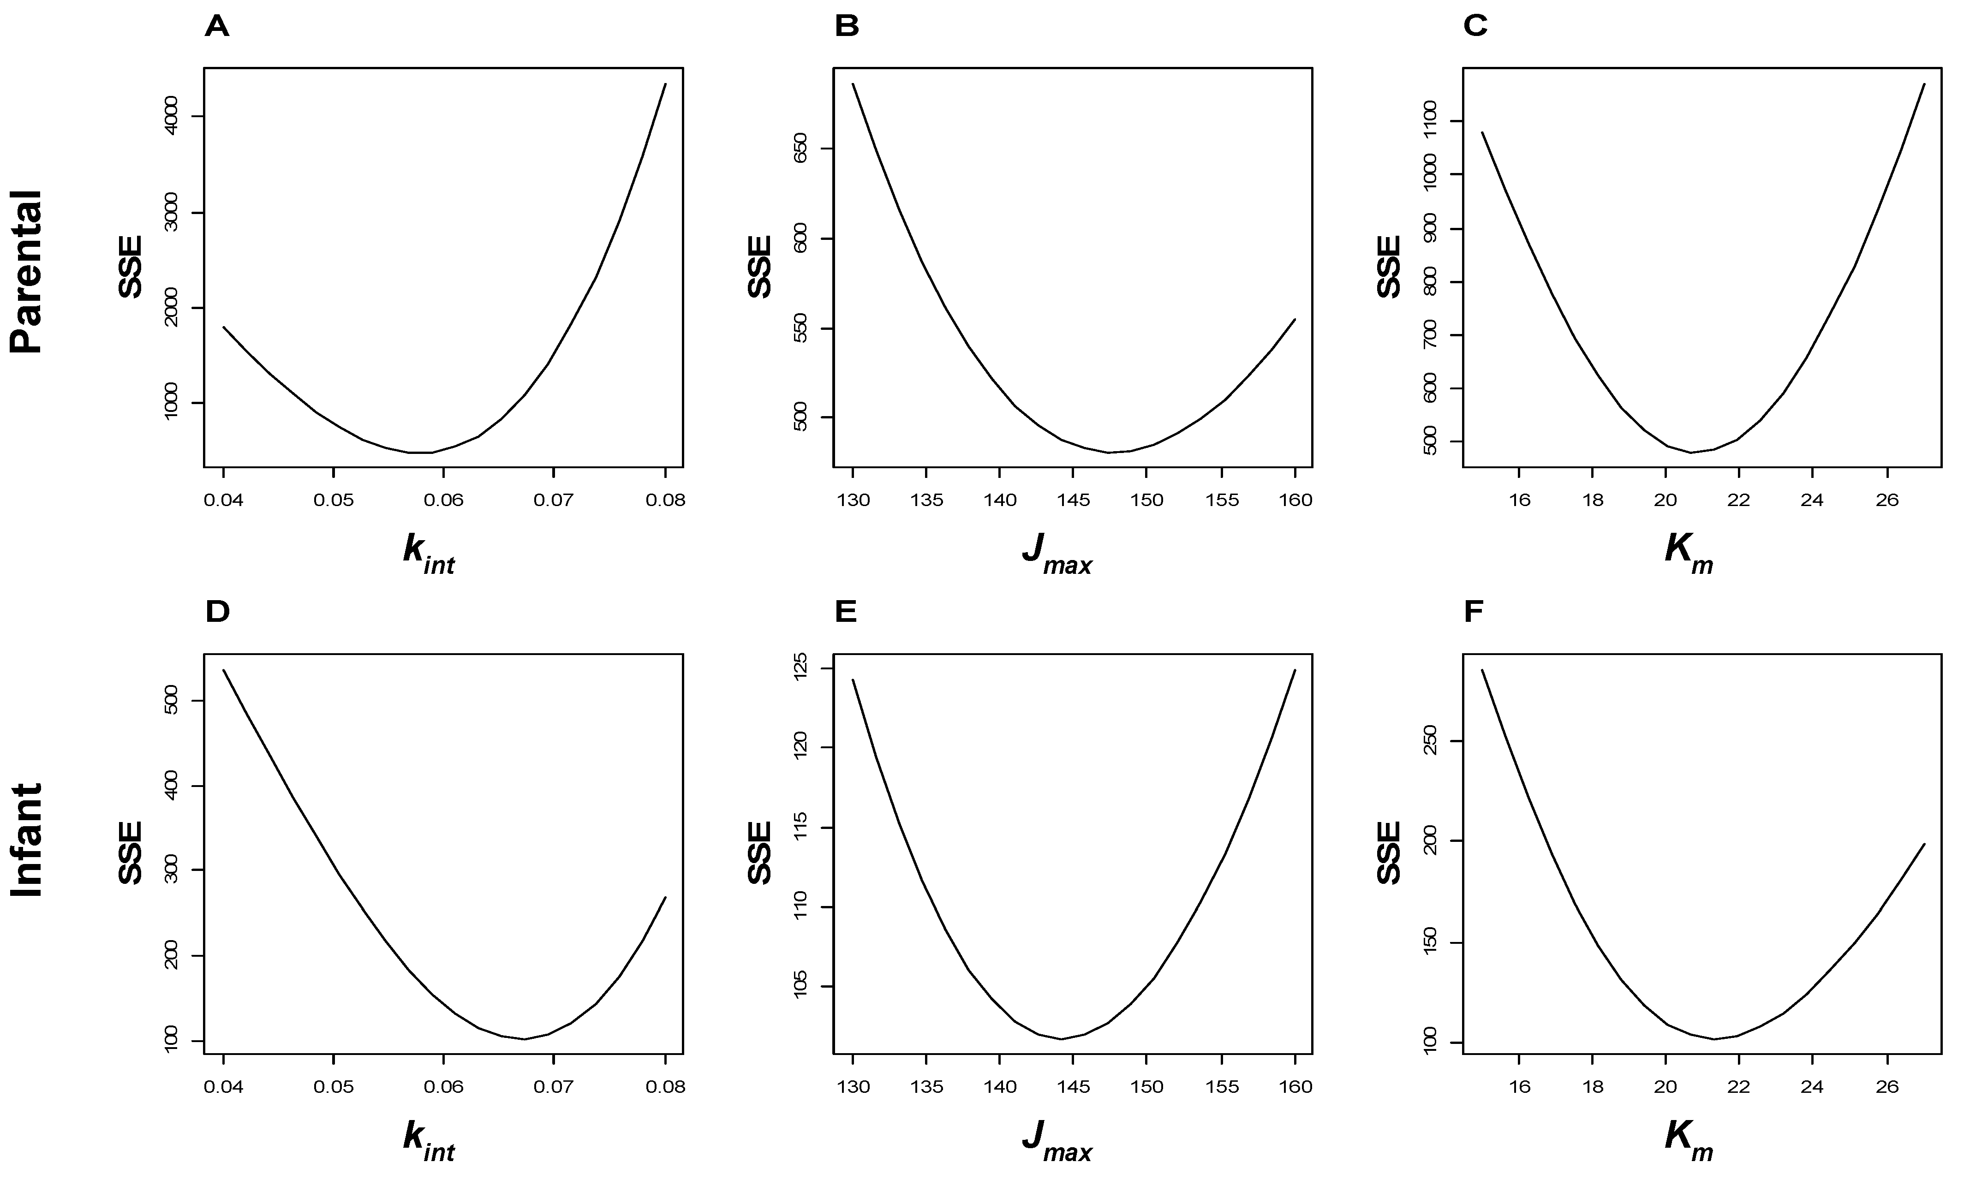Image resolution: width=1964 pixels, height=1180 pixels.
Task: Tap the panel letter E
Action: click(846, 612)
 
